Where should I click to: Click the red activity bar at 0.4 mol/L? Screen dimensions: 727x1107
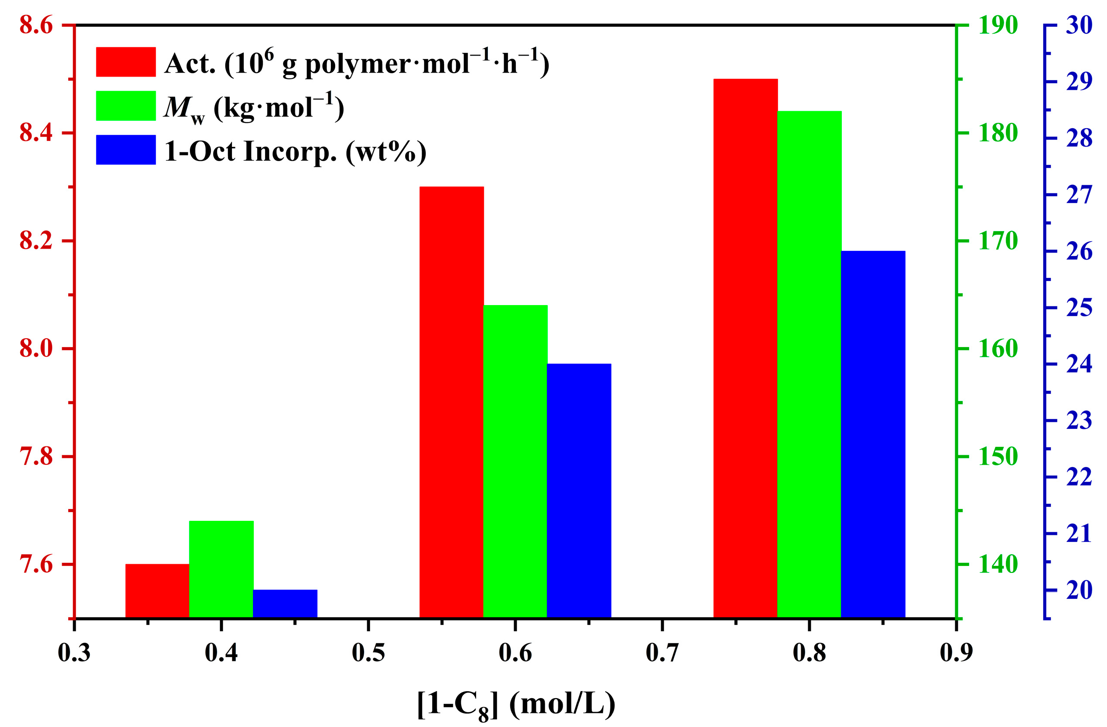tap(157, 591)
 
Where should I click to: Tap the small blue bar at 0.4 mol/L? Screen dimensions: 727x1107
tap(285, 604)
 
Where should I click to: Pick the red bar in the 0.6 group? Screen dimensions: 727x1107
tap(452, 402)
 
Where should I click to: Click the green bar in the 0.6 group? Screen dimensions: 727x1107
tap(515, 461)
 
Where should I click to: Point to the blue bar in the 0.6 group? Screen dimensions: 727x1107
tap(579, 491)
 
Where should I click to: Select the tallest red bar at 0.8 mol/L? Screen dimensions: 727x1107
tap(746, 348)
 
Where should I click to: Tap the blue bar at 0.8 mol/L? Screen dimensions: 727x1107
tap(873, 435)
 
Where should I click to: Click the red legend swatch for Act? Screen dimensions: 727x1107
tap(126, 62)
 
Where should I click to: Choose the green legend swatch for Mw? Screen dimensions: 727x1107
tap(126, 105)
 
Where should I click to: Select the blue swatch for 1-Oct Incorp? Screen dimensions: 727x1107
tap(126, 150)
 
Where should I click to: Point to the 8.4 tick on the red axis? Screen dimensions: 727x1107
tap(36, 133)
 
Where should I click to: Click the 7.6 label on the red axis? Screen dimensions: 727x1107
tap(36, 565)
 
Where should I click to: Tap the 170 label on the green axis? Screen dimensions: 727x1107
tap(998, 241)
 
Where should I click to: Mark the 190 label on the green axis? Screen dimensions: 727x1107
tap(998, 25)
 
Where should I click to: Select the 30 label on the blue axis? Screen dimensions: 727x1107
tap(1079, 25)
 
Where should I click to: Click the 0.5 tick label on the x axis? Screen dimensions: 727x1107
tap(368, 652)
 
